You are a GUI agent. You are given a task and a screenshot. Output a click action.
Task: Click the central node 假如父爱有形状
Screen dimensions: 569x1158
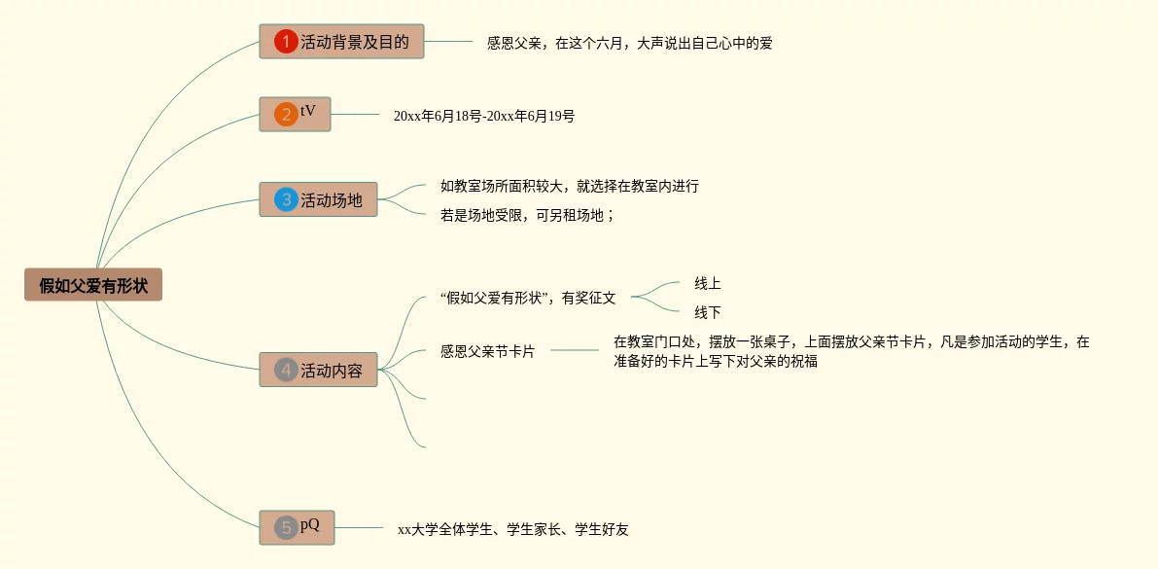tap(93, 285)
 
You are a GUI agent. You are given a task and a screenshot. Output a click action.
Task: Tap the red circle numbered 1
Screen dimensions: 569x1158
tap(286, 42)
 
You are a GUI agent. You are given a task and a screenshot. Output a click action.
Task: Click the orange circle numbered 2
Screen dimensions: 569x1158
tap(286, 115)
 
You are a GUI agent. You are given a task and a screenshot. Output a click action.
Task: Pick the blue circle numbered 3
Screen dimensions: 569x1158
tap(286, 199)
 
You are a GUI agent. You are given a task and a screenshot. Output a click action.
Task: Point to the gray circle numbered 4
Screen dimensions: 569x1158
tap(286, 370)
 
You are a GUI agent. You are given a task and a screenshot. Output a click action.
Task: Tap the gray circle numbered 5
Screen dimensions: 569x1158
tap(286, 527)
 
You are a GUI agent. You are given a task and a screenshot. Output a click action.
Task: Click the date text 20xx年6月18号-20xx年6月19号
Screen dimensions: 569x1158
tap(483, 116)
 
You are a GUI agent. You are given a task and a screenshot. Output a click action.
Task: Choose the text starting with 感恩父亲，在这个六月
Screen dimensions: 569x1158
tap(629, 43)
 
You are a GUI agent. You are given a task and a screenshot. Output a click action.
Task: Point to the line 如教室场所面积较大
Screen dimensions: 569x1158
tap(569, 186)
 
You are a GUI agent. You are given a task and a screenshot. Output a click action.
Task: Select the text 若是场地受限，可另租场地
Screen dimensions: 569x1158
tap(527, 215)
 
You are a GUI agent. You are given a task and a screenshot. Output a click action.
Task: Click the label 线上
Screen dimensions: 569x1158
tap(707, 283)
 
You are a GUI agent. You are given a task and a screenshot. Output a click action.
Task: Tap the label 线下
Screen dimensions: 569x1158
tap(707, 312)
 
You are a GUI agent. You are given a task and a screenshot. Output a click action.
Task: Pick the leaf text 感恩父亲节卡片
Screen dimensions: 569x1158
tap(487, 351)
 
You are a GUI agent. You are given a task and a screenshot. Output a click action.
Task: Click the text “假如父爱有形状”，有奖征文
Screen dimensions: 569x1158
tap(528, 298)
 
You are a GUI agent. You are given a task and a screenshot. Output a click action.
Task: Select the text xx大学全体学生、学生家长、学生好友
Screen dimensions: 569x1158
tap(512, 529)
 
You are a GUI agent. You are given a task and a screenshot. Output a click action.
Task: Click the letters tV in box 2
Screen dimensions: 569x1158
tap(308, 111)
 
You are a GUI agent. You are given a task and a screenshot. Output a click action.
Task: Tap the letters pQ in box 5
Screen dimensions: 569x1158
tap(310, 525)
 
